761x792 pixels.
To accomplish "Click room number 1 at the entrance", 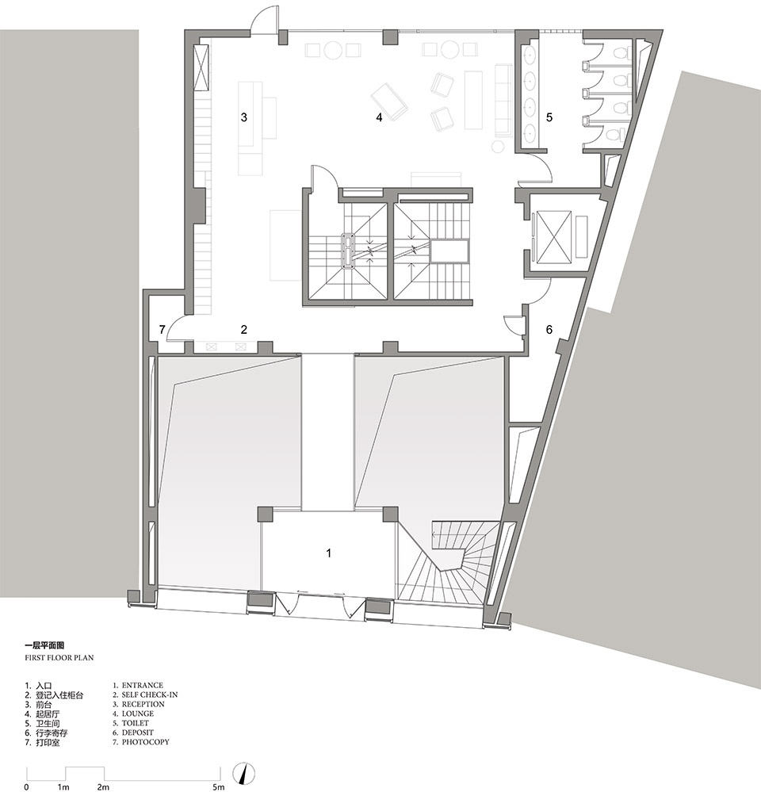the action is pyautogui.click(x=329, y=553).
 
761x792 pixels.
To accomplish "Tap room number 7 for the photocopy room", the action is pyautogui.click(x=162, y=330).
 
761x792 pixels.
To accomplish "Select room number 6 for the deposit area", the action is pyautogui.click(x=549, y=330).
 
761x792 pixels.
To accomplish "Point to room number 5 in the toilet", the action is pyautogui.click(x=549, y=117).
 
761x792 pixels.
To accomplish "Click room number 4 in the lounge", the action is pyautogui.click(x=379, y=117).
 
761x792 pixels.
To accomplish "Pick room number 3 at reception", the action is pyautogui.click(x=244, y=117).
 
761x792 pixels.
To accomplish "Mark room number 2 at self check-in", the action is pyautogui.click(x=244, y=330).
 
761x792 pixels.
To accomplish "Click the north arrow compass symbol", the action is pyautogui.click(x=244, y=773).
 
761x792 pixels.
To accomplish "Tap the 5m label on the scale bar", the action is pyautogui.click(x=218, y=787).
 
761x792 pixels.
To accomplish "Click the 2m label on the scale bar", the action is pyautogui.click(x=103, y=787).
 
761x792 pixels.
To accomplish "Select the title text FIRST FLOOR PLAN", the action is pyautogui.click(x=59, y=658).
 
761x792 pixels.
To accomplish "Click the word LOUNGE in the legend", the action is pyautogui.click(x=138, y=714).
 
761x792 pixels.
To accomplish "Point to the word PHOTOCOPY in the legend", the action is pyautogui.click(x=145, y=742).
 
